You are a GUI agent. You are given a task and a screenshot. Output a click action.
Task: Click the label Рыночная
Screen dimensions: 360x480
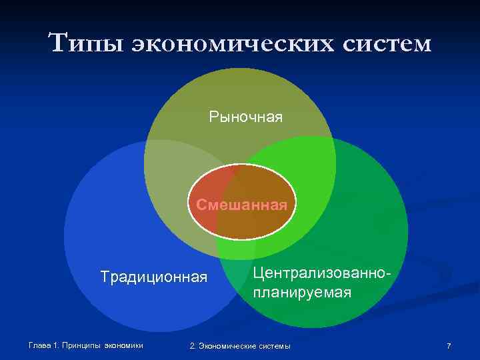click(245, 117)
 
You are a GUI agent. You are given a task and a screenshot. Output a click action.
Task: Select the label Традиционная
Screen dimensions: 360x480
click(154, 276)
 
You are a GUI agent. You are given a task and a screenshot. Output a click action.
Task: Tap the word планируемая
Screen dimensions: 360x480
click(302, 292)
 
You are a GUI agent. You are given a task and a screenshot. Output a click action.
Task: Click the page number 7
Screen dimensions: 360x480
click(449, 346)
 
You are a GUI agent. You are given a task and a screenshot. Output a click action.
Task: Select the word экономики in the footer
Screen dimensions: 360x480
click(125, 345)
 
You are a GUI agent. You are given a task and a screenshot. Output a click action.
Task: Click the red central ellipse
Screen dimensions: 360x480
click(242, 220)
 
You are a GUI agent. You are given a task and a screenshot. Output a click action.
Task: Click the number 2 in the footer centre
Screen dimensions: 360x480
click(192, 346)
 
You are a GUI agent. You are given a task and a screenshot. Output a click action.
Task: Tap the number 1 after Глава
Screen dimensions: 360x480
click(57, 345)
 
